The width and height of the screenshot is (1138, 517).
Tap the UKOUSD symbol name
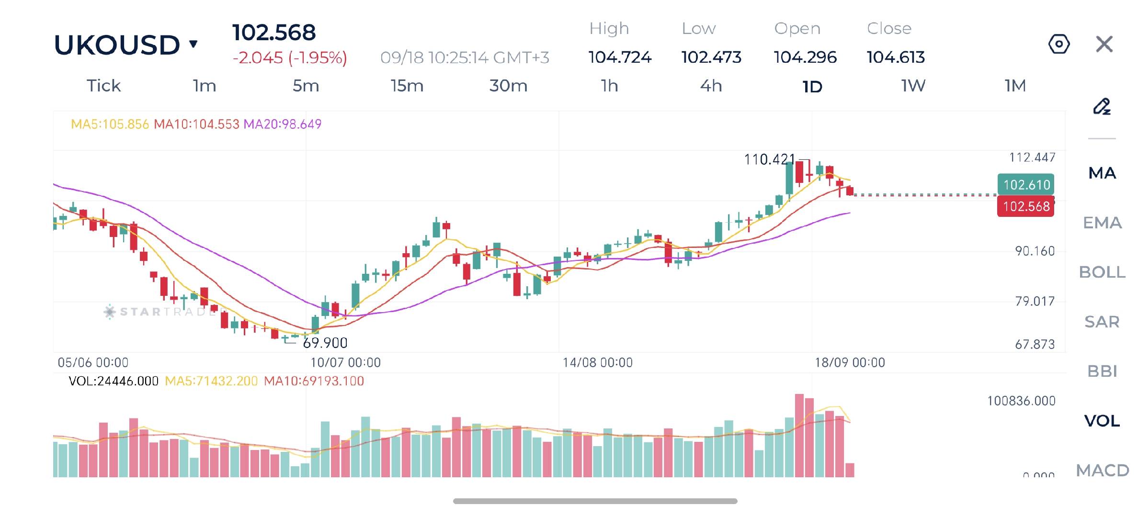[117, 45]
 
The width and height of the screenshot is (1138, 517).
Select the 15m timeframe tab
[407, 86]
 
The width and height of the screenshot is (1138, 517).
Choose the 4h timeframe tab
[711, 86]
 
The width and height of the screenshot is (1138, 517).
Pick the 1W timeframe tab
[913, 86]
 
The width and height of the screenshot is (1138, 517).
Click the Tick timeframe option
[103, 86]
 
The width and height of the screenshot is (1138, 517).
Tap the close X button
[1104, 45]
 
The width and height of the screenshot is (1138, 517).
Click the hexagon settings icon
[1058, 44]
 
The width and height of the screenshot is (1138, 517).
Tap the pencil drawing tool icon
[1102, 106]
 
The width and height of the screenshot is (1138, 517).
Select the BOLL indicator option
[1102, 272]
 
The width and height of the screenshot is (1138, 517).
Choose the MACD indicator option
[1103, 470]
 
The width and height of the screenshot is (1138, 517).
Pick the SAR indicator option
[1102, 322]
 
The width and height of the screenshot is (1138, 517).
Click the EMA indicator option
[1102, 223]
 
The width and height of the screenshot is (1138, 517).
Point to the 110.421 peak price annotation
[769, 159]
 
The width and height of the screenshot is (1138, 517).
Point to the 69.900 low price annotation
[325, 343]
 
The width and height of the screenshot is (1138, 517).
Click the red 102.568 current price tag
[1025, 206]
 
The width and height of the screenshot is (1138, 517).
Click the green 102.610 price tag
[1026, 184]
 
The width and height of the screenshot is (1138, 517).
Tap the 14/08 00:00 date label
[597, 362]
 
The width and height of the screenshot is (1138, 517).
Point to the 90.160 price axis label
[1035, 251]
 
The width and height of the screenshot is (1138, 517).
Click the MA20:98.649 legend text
[282, 124]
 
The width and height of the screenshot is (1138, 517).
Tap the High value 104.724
[620, 57]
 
